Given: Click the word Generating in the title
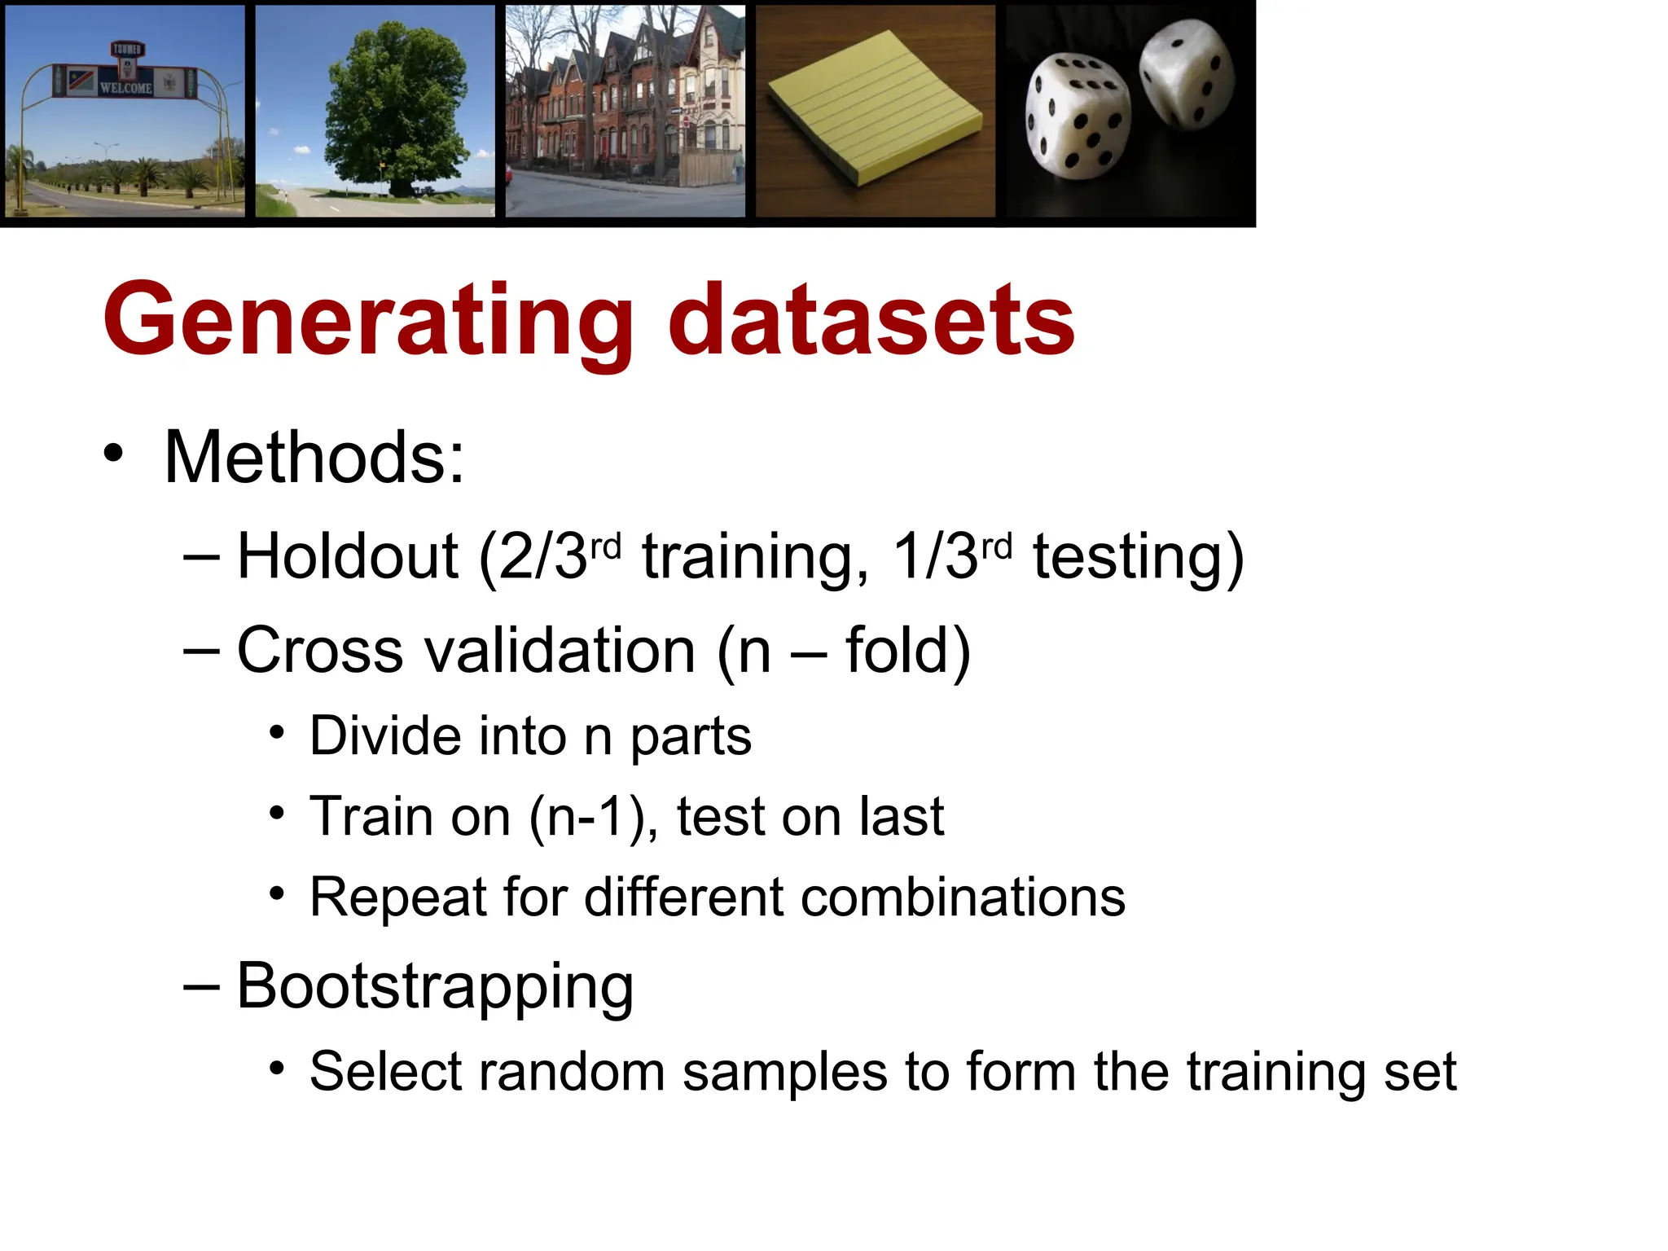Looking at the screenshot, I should point(367,322).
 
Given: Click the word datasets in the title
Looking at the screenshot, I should point(871,322).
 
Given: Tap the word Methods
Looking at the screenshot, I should point(314,458).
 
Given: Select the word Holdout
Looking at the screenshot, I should point(348,557).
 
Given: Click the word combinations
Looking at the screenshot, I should point(963,898).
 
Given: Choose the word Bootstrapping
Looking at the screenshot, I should point(435,987).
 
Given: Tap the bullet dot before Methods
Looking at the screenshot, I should point(114,454).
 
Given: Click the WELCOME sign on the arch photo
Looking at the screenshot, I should point(125,87).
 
